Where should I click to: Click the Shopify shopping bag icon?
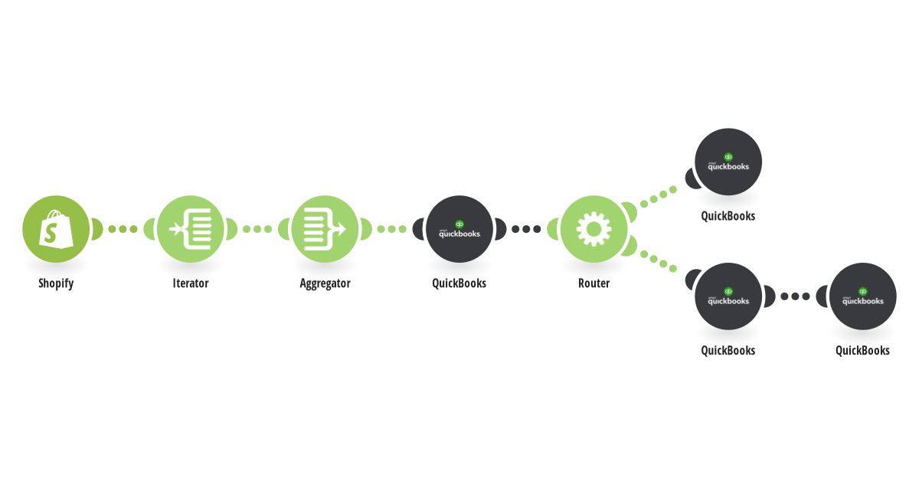point(56,229)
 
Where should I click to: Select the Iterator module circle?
point(191,229)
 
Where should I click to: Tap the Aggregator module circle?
point(325,229)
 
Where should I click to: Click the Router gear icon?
point(594,229)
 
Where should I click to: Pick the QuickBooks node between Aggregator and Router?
point(459,229)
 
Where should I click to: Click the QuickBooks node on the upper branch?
point(728,162)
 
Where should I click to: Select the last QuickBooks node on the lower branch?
point(863,296)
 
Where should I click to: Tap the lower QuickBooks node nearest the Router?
point(728,296)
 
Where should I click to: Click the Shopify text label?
point(56,283)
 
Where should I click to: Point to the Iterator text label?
point(191,283)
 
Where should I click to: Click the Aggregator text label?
point(325,283)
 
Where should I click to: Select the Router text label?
point(594,283)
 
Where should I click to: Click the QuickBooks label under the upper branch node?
point(728,216)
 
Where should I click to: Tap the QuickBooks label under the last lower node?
point(863,351)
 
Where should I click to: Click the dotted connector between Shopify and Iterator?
point(123,229)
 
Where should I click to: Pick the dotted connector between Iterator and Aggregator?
point(257,229)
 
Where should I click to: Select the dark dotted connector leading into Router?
point(526,229)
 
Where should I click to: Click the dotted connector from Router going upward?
point(659,197)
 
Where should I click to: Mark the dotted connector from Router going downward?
point(659,261)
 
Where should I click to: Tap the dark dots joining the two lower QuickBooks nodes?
point(796,296)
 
